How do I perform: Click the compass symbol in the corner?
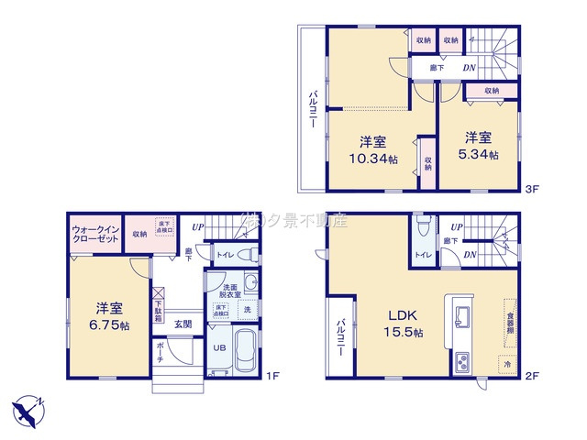[x=27, y=410]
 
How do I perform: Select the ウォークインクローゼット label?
[x=95, y=234]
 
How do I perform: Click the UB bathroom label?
[x=220, y=348]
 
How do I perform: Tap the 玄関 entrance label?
[x=183, y=324]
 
